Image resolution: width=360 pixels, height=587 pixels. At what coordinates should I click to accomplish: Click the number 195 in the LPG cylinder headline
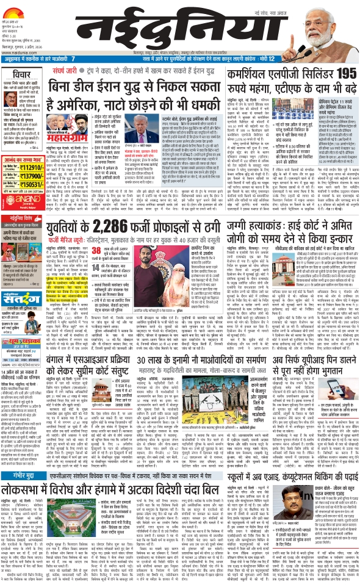click(x=344, y=73)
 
